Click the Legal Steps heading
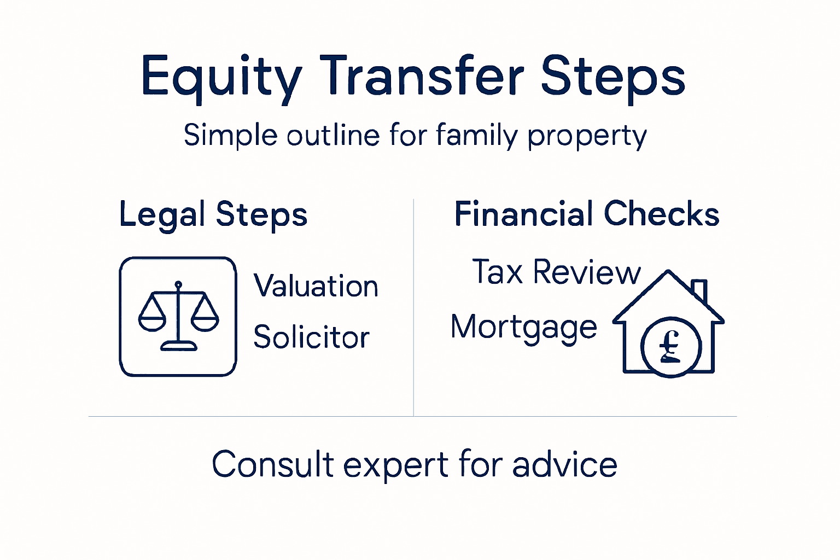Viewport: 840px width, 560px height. [213, 214]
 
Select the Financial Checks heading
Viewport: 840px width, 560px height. [587, 214]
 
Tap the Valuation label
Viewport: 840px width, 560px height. [316, 286]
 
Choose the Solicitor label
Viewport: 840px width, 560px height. [311, 337]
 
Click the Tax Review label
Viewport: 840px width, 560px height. [556, 272]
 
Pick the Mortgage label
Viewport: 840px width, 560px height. [523, 328]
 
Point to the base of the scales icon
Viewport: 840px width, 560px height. [178, 345]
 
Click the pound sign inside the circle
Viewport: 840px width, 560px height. [670, 347]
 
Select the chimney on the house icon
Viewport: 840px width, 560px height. [699, 290]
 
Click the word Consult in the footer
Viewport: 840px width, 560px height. [273, 465]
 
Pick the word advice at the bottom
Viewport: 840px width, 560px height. [564, 465]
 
